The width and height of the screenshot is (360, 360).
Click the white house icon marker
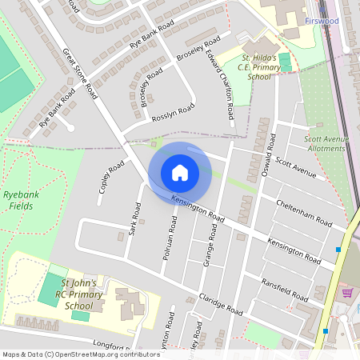pos(180,172)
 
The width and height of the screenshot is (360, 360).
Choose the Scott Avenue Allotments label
pos(326,143)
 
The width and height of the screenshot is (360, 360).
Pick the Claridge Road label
pos(220,302)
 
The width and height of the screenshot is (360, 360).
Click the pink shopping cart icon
pos(347,293)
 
